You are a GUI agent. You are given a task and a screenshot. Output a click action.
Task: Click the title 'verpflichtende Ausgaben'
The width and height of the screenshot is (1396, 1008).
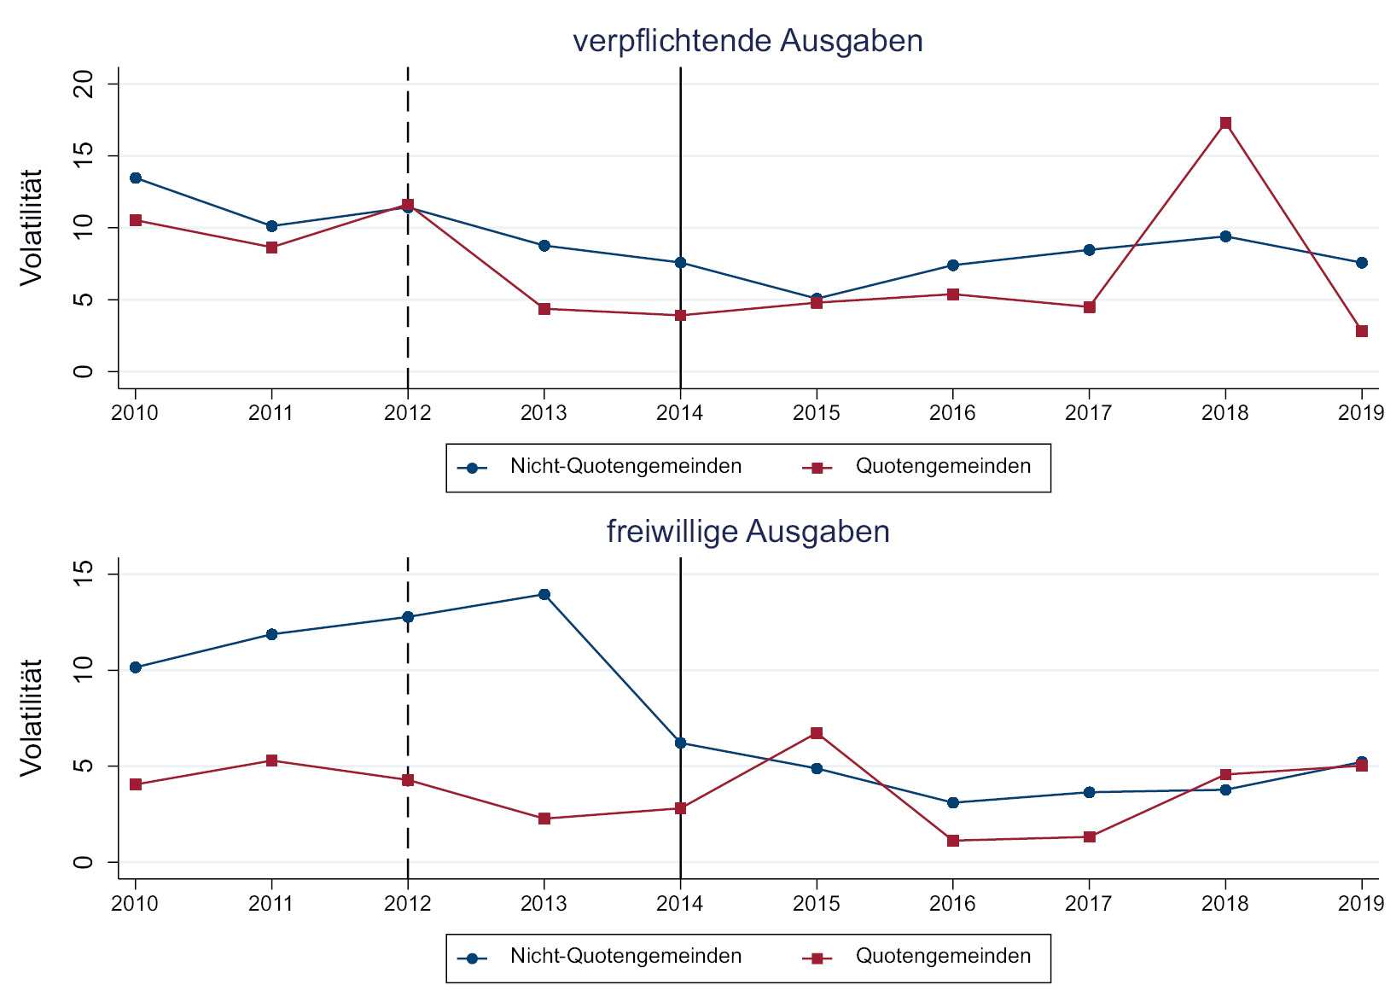(747, 41)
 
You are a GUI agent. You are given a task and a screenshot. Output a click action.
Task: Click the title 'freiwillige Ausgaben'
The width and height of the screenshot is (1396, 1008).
(747, 532)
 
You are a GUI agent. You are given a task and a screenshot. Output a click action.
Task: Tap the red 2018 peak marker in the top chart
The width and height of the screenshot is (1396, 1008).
(1225, 123)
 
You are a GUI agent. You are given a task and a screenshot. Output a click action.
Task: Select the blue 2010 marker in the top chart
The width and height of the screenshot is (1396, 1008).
(136, 178)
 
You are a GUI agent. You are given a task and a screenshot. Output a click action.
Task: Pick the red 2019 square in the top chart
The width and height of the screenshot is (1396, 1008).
(1362, 331)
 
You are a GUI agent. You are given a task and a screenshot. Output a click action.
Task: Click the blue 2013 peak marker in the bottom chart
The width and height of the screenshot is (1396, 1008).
(544, 594)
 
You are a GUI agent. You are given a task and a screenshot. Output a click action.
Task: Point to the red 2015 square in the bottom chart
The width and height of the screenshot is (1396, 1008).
(817, 733)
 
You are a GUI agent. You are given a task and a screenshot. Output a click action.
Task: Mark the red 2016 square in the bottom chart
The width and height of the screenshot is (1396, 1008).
(953, 841)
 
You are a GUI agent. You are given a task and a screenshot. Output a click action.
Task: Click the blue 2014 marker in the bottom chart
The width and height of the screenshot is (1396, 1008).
(681, 743)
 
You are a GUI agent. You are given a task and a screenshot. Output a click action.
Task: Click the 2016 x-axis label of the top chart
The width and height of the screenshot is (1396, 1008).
(952, 414)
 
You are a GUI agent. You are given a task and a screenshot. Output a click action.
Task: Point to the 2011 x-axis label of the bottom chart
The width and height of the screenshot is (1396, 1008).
(271, 904)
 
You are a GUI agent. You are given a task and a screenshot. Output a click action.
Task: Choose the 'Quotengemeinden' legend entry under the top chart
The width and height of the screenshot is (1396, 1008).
(943, 467)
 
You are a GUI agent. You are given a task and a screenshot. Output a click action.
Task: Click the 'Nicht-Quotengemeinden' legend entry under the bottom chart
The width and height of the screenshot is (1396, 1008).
(625, 957)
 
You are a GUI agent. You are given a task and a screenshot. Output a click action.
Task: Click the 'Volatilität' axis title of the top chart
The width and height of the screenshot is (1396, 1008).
(32, 227)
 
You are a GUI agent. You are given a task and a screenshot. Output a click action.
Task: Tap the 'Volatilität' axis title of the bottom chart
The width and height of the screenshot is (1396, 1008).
(32, 718)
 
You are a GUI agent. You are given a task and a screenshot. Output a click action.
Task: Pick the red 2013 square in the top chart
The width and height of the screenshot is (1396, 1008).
(544, 309)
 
